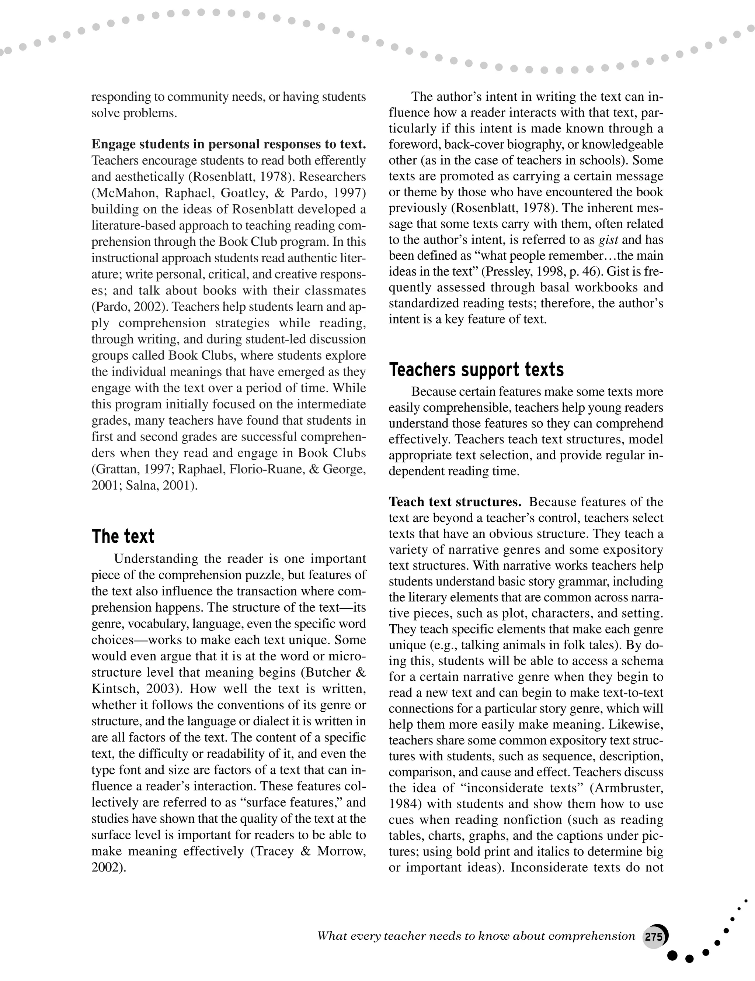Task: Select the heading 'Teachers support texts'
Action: [476, 370]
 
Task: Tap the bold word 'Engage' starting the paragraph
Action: [114, 144]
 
